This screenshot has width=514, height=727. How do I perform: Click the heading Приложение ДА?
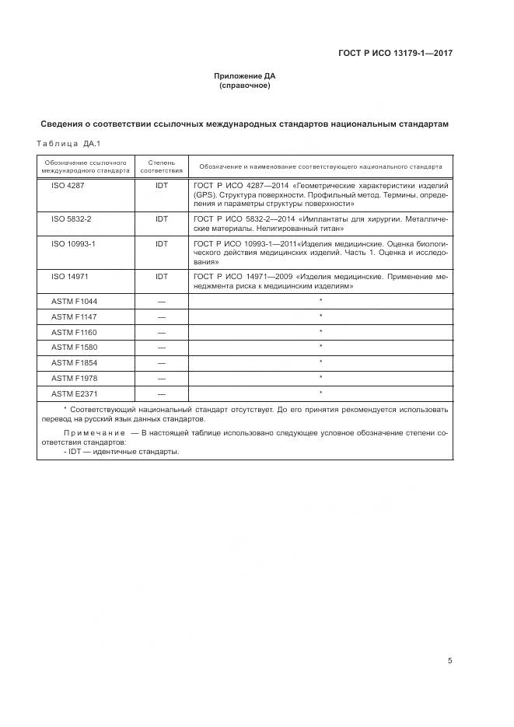click(x=244, y=76)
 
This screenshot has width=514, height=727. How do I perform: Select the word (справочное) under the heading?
click(x=244, y=86)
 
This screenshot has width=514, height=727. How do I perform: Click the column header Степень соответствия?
click(x=161, y=166)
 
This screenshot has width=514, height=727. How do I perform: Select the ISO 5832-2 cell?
click(x=71, y=219)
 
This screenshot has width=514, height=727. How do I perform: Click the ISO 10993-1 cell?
click(x=73, y=244)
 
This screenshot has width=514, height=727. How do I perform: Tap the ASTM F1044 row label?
click(x=74, y=300)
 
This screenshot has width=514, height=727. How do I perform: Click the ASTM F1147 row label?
click(x=74, y=316)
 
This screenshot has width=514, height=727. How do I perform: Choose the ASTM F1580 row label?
click(x=74, y=347)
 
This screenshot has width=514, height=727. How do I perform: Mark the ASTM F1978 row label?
click(x=74, y=378)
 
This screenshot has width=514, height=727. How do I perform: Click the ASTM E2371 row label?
click(x=74, y=393)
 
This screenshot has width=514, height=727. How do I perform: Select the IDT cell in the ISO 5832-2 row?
click(x=161, y=219)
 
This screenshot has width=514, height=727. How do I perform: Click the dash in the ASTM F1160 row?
click(x=161, y=331)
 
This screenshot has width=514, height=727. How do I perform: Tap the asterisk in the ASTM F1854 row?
click(x=320, y=362)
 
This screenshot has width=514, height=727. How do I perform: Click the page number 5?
click(x=449, y=660)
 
